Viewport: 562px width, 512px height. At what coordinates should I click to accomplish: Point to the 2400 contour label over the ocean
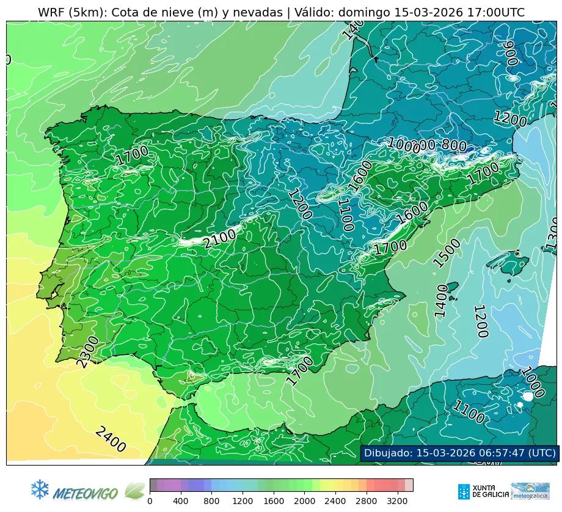[x=111, y=439]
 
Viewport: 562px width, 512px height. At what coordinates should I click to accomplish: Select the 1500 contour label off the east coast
[x=447, y=253]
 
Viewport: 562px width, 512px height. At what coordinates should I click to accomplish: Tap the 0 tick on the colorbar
[x=150, y=501]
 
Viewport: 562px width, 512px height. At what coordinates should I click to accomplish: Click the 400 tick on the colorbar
[x=181, y=501]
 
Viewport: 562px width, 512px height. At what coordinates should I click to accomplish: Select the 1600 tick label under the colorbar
[x=274, y=501]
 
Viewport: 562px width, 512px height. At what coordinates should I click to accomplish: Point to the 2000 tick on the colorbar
[x=305, y=501]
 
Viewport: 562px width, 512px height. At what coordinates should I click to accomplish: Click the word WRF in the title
[x=51, y=13]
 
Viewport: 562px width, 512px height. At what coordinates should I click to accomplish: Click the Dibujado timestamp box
[x=459, y=453]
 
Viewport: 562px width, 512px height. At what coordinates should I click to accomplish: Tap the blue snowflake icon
[x=40, y=489]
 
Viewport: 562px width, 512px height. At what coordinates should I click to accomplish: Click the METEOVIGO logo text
[x=86, y=492]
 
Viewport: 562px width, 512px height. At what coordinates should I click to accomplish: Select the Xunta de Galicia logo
[x=482, y=491]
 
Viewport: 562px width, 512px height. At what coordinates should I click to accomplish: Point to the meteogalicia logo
[x=530, y=491]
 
